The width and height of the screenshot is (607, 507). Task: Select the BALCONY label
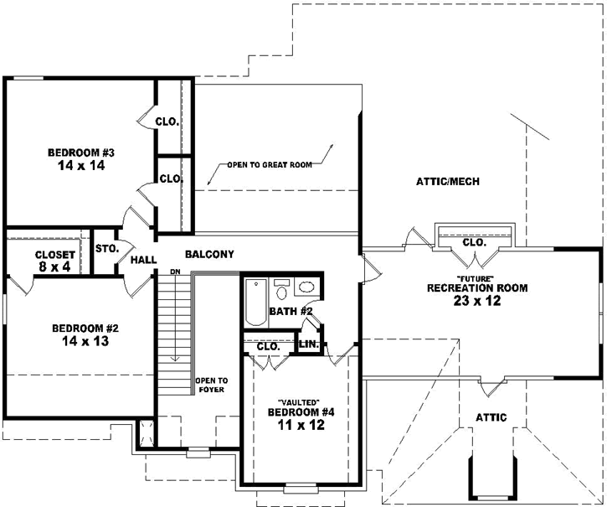pos(208,255)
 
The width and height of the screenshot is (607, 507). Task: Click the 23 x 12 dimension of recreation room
pos(476,301)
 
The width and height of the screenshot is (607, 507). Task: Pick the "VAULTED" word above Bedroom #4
pos(301,401)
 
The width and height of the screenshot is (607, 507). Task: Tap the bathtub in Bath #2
pos(255,302)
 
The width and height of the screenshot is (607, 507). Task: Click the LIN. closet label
pos(308,344)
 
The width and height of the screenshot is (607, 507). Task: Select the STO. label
pos(106,249)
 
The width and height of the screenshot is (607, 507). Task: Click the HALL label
pos(143,261)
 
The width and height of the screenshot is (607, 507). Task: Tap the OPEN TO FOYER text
pos(212,385)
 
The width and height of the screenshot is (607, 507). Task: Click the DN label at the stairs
pos(175,272)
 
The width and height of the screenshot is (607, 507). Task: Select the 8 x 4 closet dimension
pos(55,267)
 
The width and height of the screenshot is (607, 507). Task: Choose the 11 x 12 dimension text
pos(301,425)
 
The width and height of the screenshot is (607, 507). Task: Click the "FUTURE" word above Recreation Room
pos(476,277)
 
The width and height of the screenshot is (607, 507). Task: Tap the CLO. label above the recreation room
pos(474,242)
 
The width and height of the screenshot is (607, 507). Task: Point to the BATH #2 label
pos(291,312)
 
